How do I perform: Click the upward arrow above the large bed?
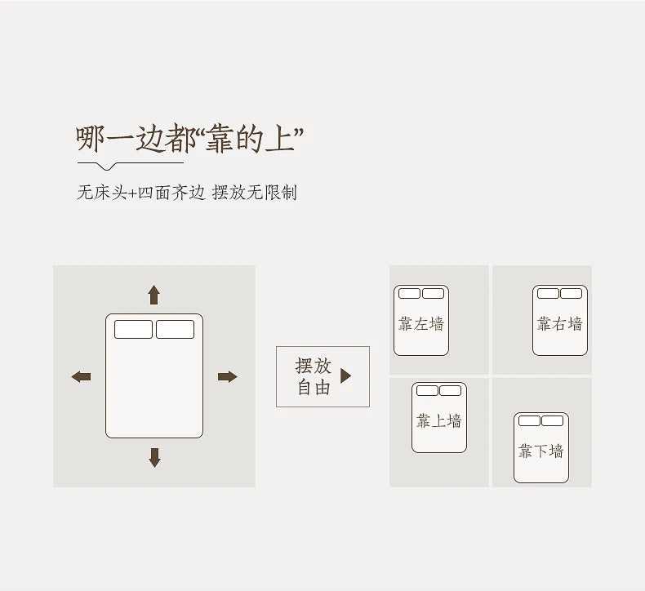pos(153,295)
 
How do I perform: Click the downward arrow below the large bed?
pos(154,457)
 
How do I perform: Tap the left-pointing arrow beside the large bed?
pos(81,376)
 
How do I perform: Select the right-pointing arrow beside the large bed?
pos(227,376)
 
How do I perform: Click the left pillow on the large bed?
pos(133,329)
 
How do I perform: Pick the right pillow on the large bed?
pos(175,329)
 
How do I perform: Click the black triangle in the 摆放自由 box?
pos(345,375)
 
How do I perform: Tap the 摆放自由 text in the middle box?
pos(313,376)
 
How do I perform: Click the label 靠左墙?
pos(420,324)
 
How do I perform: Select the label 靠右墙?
pos(559,324)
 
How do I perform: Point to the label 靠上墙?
pos(438,421)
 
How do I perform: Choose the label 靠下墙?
pos(540,451)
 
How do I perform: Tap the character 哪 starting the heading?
pos(90,140)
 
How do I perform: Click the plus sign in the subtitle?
pos(132,193)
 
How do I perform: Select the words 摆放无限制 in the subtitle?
pos(254,193)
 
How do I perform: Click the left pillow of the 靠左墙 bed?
pos(409,294)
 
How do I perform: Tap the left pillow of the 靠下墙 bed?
pos(529,421)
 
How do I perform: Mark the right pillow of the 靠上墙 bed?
pos(450,391)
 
